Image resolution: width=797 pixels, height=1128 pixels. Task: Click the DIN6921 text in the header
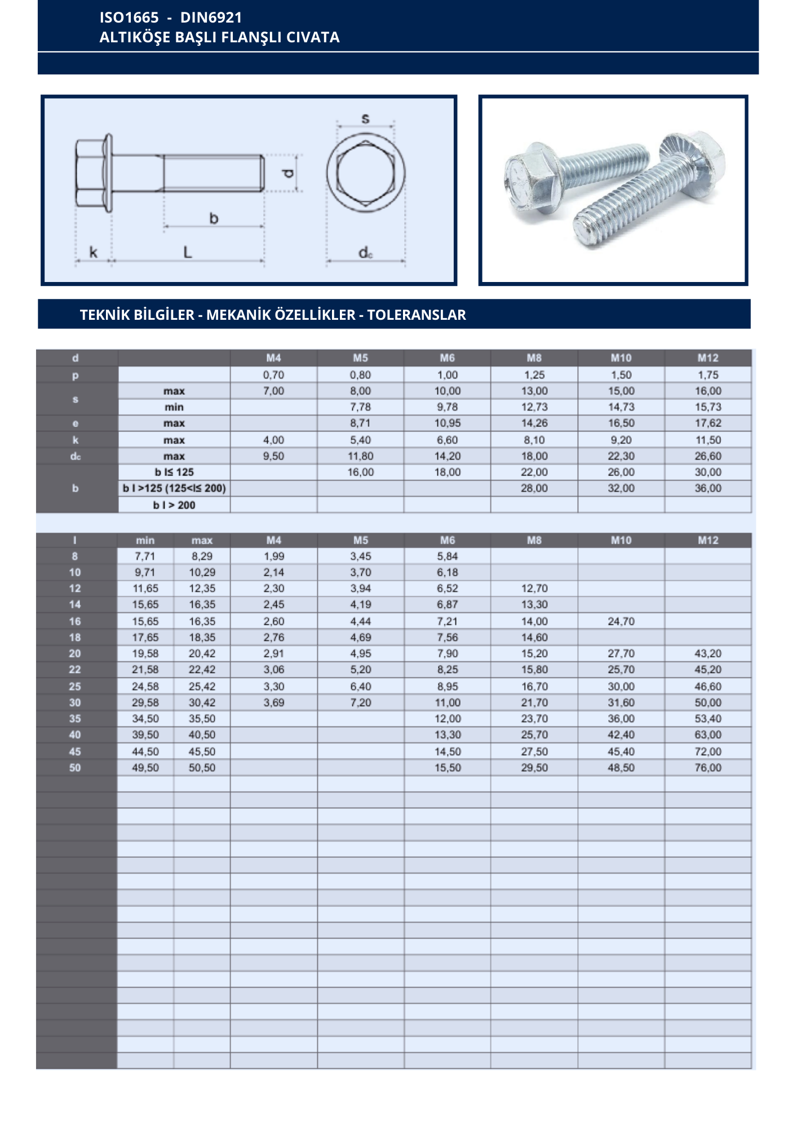(211, 17)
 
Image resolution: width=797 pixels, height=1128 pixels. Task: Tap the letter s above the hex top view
(365, 118)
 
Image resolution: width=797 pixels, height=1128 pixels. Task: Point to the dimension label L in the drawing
(188, 252)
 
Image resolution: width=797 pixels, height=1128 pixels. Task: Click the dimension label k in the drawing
(94, 252)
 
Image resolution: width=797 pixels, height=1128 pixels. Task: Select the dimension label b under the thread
(214, 218)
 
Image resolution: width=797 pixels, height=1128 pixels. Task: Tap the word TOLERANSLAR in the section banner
(417, 315)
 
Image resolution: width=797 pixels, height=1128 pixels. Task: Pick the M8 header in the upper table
(534, 358)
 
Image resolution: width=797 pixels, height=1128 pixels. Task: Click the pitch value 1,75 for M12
(708, 375)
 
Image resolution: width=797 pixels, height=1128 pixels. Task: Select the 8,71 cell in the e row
(360, 423)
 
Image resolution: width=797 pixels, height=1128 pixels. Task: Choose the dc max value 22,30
(621, 456)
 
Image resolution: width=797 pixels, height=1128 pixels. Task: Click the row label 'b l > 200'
(174, 505)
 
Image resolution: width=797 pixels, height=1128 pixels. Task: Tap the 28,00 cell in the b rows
(534, 488)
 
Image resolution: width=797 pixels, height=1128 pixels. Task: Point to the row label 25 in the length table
(75, 686)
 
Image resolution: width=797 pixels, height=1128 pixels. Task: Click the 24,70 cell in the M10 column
(621, 622)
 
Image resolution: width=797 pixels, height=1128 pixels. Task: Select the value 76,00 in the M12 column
(708, 768)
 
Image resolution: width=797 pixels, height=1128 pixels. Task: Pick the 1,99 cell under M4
(274, 556)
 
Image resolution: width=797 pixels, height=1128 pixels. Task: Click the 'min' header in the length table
(145, 540)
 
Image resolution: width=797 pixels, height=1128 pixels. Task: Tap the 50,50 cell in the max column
(202, 768)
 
